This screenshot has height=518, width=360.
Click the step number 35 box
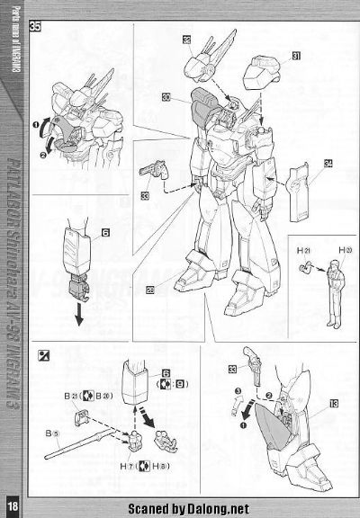coord(34,27)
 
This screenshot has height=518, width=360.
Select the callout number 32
coord(185,40)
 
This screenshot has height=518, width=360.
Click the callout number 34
coord(328,163)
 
